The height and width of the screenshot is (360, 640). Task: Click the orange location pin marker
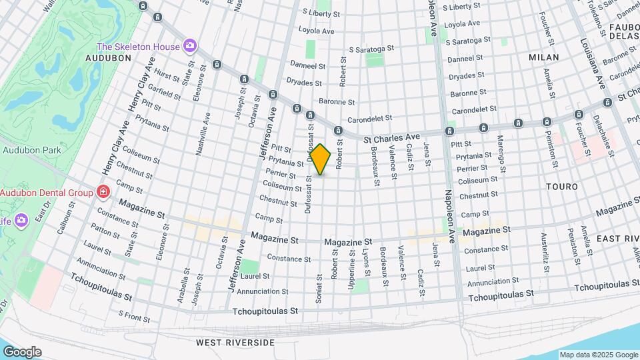[321, 159]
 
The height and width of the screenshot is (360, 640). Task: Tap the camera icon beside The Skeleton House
[190, 45]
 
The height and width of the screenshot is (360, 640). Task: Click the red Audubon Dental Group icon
[103, 193]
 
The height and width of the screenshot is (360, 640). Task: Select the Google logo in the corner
[22, 351]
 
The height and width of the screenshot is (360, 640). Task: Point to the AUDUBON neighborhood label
[109, 59]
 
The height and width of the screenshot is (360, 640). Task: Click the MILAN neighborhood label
[544, 58]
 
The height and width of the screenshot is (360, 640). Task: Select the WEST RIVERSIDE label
[235, 342]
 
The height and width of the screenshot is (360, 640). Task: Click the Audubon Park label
[31, 150]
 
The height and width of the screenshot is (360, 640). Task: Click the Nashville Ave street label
[203, 133]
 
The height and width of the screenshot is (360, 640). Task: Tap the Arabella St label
[182, 287]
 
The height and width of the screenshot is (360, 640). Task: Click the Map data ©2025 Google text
[599, 355]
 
